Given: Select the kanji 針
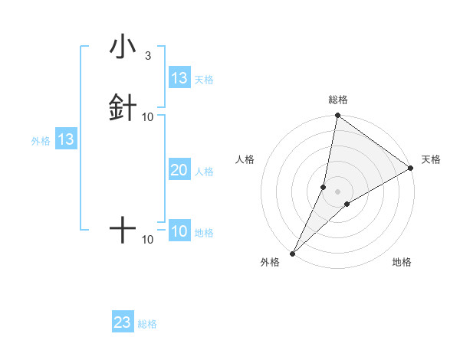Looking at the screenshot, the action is [x=123, y=107].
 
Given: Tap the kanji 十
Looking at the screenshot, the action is [x=123, y=230].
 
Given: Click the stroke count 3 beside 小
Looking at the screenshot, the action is [x=148, y=56].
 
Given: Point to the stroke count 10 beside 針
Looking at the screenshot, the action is [x=148, y=116].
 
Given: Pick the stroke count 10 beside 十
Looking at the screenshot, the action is [x=148, y=240].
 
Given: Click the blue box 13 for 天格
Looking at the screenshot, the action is [x=179, y=78].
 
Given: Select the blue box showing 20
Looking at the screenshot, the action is [x=179, y=171].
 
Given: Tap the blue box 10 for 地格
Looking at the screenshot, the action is [x=179, y=232].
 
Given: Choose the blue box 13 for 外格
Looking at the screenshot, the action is [x=66, y=139].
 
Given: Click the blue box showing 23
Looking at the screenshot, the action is [x=123, y=322].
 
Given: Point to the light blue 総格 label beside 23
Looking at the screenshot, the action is [x=147, y=324].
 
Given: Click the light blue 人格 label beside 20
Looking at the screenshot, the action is [x=205, y=172].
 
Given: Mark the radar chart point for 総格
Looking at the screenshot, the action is [x=337, y=116].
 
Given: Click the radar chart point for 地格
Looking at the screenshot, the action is [x=347, y=204].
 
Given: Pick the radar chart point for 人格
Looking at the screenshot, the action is [x=324, y=187].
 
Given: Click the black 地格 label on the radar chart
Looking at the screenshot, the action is [x=402, y=263].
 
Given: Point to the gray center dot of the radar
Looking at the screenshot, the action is [x=337, y=191].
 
